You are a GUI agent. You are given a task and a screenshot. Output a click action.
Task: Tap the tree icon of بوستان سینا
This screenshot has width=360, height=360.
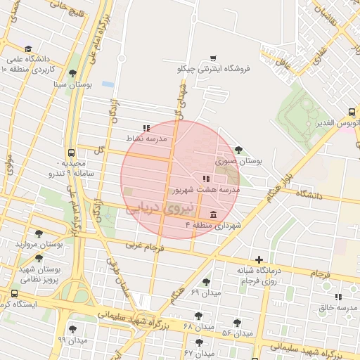pyautogui.click(x=72, y=73)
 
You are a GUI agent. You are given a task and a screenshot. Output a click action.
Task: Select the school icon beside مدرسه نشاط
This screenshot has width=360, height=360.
pyautogui.click(x=146, y=128)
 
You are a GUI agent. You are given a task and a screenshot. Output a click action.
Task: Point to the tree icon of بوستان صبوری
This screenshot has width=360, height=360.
pyautogui.click(x=240, y=149)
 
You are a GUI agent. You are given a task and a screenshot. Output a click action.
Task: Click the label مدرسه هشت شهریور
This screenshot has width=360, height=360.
pyautogui.click(x=205, y=190)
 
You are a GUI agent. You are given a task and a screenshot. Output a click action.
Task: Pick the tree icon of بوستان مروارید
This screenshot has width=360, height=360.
pyautogui.click(x=38, y=233)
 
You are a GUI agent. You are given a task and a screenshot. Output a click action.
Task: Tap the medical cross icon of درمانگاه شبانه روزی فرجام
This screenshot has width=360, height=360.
pyautogui.click(x=259, y=260)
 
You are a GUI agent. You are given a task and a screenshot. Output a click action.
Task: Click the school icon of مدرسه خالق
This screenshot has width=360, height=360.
pyautogui.click(x=338, y=297)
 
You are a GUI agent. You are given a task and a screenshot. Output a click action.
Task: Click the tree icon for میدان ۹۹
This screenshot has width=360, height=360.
pyautogui.click(x=72, y=329)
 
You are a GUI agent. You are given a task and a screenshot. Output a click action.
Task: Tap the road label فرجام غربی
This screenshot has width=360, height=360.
pyautogui.click(x=145, y=247)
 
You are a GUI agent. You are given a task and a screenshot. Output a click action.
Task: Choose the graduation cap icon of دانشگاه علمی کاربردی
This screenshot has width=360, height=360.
pyautogui.click(x=28, y=49)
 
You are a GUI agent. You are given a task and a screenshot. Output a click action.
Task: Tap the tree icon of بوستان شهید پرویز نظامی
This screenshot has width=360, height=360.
pyautogui.click(x=38, y=258)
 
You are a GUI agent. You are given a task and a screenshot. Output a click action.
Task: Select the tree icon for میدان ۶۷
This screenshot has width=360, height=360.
pyautogui.click(x=199, y=342)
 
